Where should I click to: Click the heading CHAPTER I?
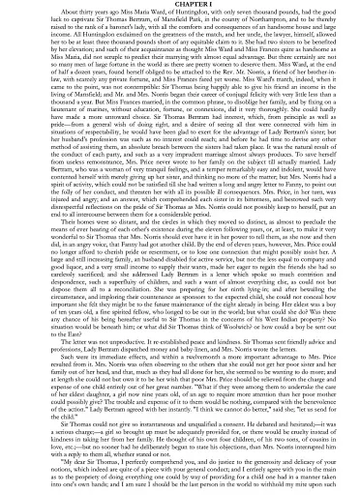point(179,4)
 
